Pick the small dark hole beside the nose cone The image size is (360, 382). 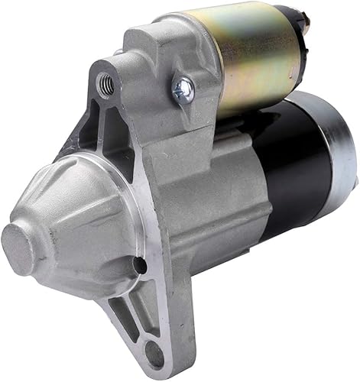140,265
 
